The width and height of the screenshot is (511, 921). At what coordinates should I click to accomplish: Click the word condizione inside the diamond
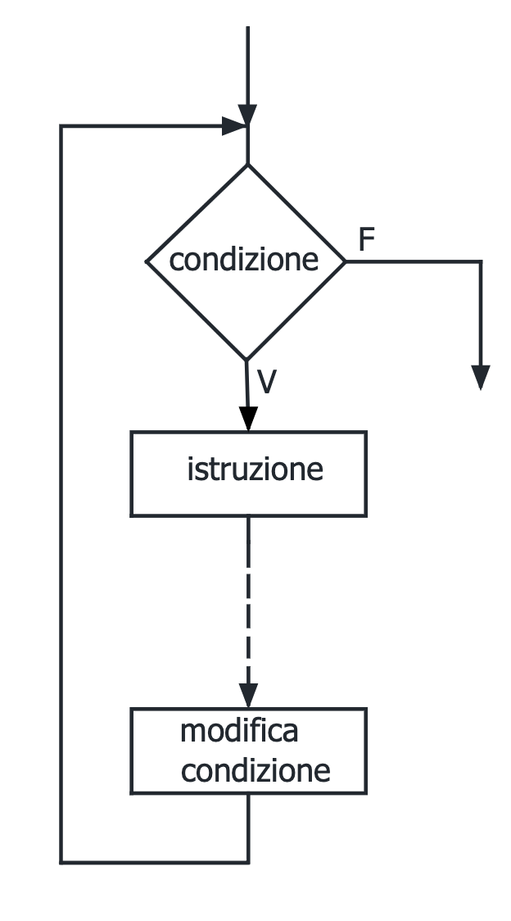click(243, 260)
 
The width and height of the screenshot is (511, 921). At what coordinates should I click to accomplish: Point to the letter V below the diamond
click(266, 382)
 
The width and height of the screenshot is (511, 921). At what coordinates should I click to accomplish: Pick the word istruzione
click(255, 470)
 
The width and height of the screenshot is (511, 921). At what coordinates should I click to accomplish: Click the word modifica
click(239, 731)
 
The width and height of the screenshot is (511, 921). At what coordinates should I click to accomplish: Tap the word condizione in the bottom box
click(255, 770)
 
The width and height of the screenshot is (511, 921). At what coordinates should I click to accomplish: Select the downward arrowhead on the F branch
click(482, 377)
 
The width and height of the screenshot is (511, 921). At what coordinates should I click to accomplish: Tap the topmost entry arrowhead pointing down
click(247, 115)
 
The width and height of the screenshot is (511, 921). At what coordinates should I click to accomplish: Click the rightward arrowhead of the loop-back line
click(236, 126)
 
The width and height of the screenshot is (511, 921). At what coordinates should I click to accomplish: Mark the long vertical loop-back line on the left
click(61, 492)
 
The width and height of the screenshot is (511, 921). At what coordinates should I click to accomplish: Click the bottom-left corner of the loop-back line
click(61, 862)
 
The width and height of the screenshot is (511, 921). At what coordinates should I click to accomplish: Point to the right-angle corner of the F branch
click(481, 262)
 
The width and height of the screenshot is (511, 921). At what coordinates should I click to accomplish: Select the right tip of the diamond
click(345, 262)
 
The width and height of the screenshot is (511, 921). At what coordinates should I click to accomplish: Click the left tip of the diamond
click(147, 262)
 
